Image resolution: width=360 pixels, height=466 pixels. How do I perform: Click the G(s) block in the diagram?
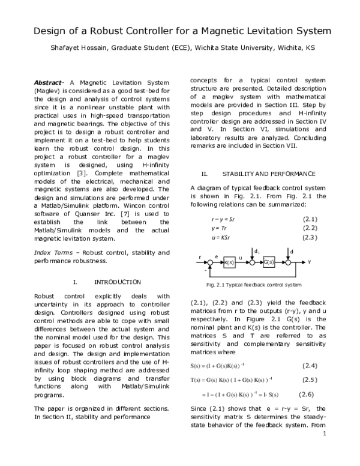[x=269, y=262]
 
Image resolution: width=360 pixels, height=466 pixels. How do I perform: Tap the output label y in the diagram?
[x=310, y=262]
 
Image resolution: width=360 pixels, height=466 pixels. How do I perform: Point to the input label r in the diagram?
[x=200, y=258]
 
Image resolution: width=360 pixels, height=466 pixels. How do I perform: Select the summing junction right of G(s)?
[x=290, y=262]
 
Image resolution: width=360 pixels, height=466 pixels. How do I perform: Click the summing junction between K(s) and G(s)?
[x=253, y=262]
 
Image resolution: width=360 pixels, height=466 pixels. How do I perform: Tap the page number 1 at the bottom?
[x=324, y=450]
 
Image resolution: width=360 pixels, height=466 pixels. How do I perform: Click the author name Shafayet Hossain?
[x=81, y=48]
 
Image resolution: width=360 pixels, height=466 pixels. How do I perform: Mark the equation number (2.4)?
[x=309, y=366]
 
